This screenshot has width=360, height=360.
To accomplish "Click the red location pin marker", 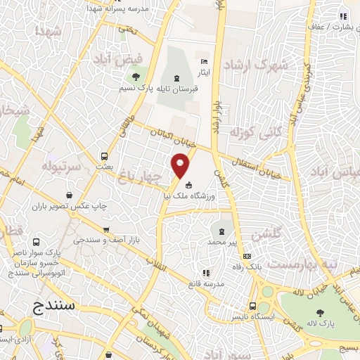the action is pyautogui.click(x=181, y=165).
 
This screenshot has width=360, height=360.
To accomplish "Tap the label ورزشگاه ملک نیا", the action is pyautogui.click(x=188, y=198).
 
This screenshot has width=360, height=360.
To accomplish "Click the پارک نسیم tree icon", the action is pyautogui.click(x=135, y=77).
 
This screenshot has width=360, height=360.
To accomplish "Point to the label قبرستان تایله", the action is pyautogui.click(x=175, y=90).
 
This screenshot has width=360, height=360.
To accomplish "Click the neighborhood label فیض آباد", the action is pyautogui.click(x=137, y=58).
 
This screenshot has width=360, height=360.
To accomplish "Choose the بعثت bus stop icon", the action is pyautogui.click(x=105, y=156).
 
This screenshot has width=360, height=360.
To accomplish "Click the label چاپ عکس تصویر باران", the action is pyautogui.click(x=68, y=207).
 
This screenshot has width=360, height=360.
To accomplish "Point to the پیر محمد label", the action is pyautogui.click(x=222, y=242).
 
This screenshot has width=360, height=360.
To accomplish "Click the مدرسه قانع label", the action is pyautogui.click(x=205, y=283).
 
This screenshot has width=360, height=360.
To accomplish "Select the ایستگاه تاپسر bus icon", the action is pyautogui.click(x=252, y=307).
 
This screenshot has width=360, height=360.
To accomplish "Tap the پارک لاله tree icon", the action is pyautogui.click(x=321, y=313).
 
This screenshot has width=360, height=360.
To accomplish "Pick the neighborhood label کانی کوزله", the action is pyautogui.click(x=262, y=132).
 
